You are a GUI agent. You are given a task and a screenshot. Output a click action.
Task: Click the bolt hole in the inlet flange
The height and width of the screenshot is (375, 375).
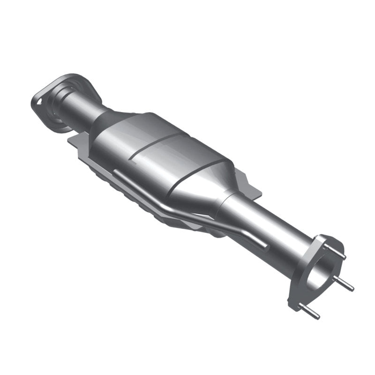click(38, 100)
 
